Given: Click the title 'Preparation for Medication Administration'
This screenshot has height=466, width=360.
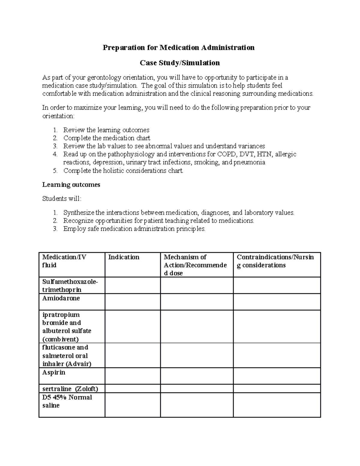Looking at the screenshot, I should click(x=178, y=48).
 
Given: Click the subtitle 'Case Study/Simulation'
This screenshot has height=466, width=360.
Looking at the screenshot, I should click(x=180, y=63).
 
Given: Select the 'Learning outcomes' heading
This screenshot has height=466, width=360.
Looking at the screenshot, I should click(x=71, y=185).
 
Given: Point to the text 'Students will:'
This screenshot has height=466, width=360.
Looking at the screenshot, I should click(x=61, y=199).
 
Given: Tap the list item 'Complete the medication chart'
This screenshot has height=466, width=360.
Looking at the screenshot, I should click(x=106, y=138).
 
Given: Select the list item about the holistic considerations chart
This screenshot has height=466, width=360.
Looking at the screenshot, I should click(x=123, y=171).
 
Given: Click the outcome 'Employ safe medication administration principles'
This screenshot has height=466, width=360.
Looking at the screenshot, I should click(x=134, y=229).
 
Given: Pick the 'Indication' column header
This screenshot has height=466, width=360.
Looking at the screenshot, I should click(x=124, y=257).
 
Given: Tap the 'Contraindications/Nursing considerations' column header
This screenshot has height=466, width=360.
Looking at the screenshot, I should click(x=275, y=261).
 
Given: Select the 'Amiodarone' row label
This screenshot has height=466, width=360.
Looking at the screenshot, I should click(x=61, y=298).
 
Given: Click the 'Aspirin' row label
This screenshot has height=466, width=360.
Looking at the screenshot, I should click(x=54, y=372).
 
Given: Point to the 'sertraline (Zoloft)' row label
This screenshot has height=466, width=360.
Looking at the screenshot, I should click(x=70, y=389).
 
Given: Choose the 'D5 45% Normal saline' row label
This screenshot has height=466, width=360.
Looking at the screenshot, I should click(x=67, y=401).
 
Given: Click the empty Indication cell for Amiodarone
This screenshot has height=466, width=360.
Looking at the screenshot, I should click(x=132, y=302).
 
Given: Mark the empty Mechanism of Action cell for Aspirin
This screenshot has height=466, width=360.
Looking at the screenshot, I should click(x=196, y=376).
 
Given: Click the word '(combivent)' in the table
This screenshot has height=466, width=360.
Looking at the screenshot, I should click(x=60, y=339).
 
